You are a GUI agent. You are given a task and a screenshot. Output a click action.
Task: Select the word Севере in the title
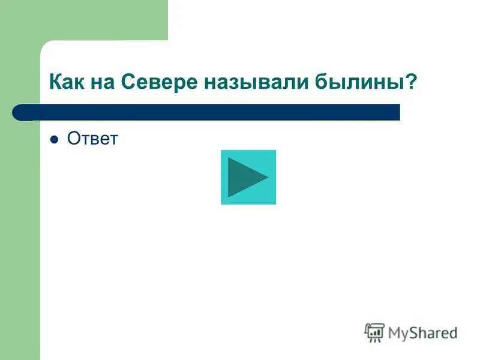(157, 82)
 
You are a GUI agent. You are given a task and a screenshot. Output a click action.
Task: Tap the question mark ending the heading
(411, 82)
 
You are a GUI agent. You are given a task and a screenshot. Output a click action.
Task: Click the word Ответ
(93, 139)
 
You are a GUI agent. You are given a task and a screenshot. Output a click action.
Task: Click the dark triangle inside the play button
(246, 177)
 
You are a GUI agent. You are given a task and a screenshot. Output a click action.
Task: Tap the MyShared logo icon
(374, 332)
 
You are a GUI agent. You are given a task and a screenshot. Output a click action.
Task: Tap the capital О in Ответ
(74, 139)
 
